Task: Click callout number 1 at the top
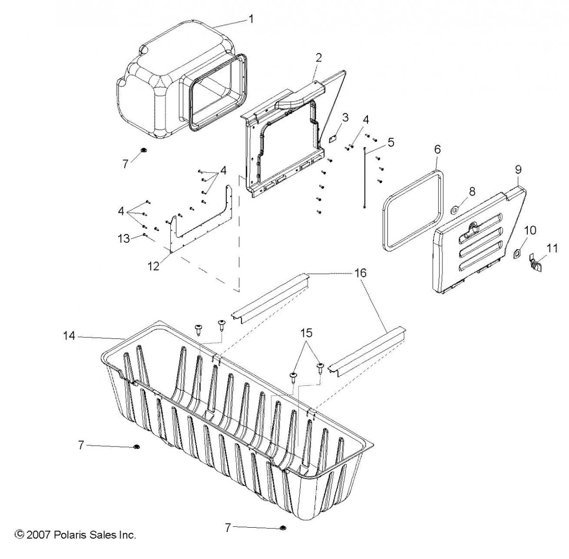tap(251, 19)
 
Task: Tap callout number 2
tap(319, 58)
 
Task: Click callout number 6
tap(437, 149)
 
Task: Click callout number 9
tap(518, 168)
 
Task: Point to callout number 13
tap(124, 239)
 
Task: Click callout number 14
tap(69, 335)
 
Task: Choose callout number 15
tap(307, 333)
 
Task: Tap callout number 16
tap(360, 273)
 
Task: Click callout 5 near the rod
tap(390, 141)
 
